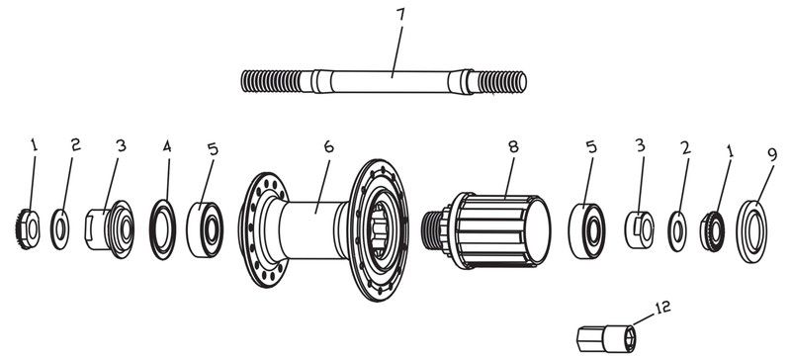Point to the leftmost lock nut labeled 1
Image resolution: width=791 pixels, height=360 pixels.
tap(30, 227)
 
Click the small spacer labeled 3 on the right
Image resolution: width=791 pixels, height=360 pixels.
tap(639, 225)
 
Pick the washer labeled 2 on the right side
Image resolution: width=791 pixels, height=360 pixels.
tap(678, 225)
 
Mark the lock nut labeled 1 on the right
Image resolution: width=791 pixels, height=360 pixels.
tap(713, 226)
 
